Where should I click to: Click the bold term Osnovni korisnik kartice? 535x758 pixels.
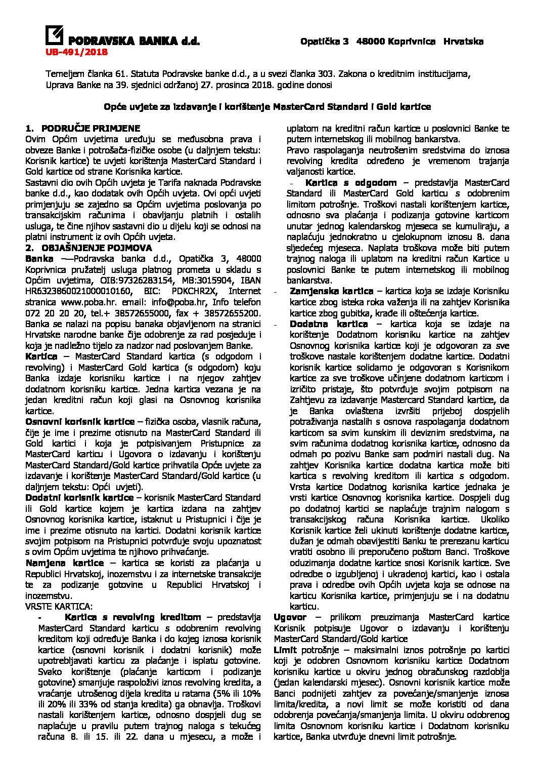pyautogui.click(x=80, y=422)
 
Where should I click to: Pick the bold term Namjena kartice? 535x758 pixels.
pyautogui.click(x=64, y=563)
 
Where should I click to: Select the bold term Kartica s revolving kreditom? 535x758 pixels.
pyautogui.click(x=132, y=617)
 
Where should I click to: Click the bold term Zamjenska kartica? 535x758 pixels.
pyautogui.click(x=331, y=291)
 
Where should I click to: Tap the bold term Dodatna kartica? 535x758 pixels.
pyautogui.click(x=329, y=324)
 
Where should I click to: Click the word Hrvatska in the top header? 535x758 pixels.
pyautogui.click(x=463, y=42)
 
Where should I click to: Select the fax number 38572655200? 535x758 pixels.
pyautogui.click(x=235, y=313)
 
